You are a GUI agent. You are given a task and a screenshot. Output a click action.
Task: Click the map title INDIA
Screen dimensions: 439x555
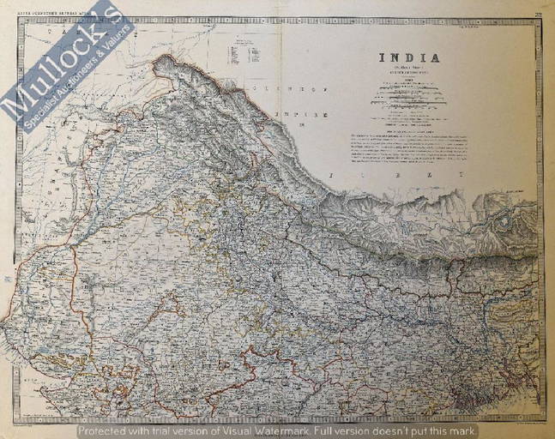pyautogui.click(x=410, y=58)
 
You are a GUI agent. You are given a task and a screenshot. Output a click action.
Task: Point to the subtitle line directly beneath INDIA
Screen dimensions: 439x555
pyautogui.click(x=410, y=69)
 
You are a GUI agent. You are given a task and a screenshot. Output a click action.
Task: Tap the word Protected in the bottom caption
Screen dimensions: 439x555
pyautogui.click(x=104, y=430)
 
